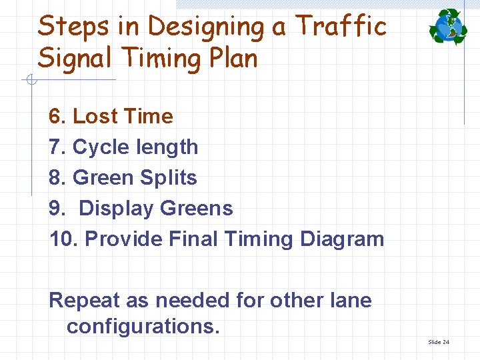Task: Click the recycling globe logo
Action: [448, 27]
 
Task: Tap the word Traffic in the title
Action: [340, 27]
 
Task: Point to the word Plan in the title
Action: [229, 59]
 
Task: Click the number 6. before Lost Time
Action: [57, 117]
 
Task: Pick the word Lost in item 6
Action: [93, 117]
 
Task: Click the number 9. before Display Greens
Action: [57, 209]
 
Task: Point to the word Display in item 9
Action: [116, 209]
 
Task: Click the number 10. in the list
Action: [63, 239]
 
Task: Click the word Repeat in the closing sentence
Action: [84, 301]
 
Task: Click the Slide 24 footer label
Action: [439, 342]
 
